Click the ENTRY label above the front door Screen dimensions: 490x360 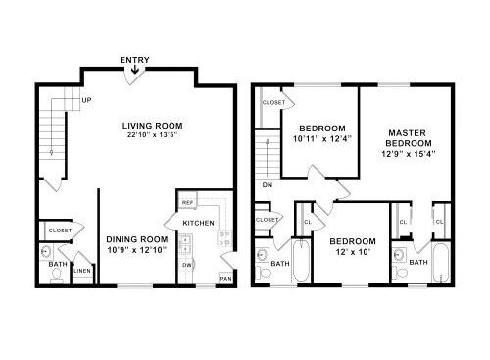coord(134,60)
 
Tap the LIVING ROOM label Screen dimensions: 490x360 coord(153,126)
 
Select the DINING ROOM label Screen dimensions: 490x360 coord(137,239)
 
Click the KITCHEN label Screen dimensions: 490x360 coord(198,223)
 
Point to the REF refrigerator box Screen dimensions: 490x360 coord(188,203)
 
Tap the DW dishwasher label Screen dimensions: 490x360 coord(187,265)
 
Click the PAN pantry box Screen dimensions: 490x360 coord(225,279)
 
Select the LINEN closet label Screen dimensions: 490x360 coord(82,271)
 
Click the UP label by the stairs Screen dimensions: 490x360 coord(86,100)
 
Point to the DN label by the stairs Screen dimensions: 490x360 coord(268,185)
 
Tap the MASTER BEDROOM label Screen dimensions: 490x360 coord(409,138)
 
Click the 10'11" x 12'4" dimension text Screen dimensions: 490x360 coord(322,139)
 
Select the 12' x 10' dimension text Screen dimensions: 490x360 coord(353,252)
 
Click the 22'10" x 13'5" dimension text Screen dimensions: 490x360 coord(152,135)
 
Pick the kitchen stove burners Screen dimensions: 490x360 coord(224,238)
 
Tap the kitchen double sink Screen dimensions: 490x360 coord(185,245)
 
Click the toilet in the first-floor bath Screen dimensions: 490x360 coord(57,276)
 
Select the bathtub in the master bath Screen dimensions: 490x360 coord(441,262)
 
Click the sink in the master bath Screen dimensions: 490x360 coord(399,254)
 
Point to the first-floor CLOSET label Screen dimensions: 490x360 coord(60,231)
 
